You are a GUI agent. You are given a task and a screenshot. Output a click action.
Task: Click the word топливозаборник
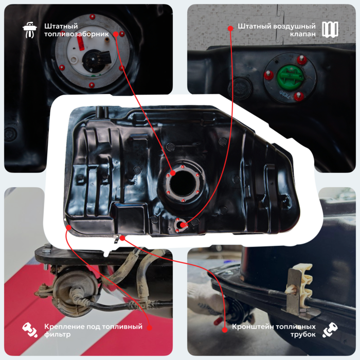pos(77,34)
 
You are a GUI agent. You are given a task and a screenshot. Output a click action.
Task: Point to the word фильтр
pos(58,334)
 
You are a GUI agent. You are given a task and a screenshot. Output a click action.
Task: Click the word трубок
pos(303,334)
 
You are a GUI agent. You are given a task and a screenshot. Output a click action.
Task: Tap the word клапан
pos(303,34)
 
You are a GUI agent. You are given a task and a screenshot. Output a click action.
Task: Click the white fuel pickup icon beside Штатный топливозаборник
pos(30,30)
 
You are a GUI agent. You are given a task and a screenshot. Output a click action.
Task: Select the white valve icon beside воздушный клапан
pos(330,30)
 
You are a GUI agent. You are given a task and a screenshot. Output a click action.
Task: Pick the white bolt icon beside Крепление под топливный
pos(30,330)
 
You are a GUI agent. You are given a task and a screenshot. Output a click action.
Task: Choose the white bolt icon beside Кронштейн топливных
pos(330,330)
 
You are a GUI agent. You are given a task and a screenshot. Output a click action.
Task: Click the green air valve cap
pos(291,75)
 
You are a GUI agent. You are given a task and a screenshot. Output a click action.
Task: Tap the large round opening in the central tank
pos(183,183)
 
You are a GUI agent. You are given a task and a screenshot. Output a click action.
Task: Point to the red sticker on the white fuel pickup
pos(80,43)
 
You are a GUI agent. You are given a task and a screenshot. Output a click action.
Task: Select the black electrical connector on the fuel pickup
pos(97,60)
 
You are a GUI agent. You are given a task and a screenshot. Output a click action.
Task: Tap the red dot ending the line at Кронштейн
pos(225,330)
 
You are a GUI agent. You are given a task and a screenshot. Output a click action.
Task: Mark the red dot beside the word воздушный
pos(230,28)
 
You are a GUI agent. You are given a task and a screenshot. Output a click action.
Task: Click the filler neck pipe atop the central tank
pos(102,112)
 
